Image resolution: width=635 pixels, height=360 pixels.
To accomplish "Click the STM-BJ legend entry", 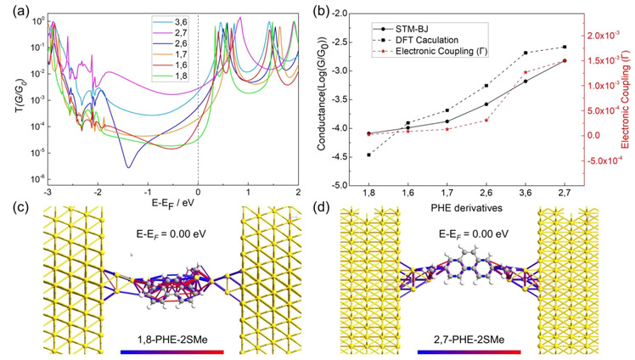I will point(412,29).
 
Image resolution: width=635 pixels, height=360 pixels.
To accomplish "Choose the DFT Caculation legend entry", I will point(424,42).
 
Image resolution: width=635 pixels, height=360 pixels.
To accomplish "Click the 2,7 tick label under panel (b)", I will point(565,193).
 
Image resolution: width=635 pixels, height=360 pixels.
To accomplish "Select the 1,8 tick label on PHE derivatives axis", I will point(368,193).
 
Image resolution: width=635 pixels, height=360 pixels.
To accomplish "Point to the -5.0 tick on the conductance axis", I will point(340,185).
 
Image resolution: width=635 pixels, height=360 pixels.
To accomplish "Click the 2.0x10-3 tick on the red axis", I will point(604,36).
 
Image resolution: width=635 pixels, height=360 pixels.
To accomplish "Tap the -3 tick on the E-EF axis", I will point(49,194).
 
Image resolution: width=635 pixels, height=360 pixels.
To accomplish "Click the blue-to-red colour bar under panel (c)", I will point(172,352).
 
